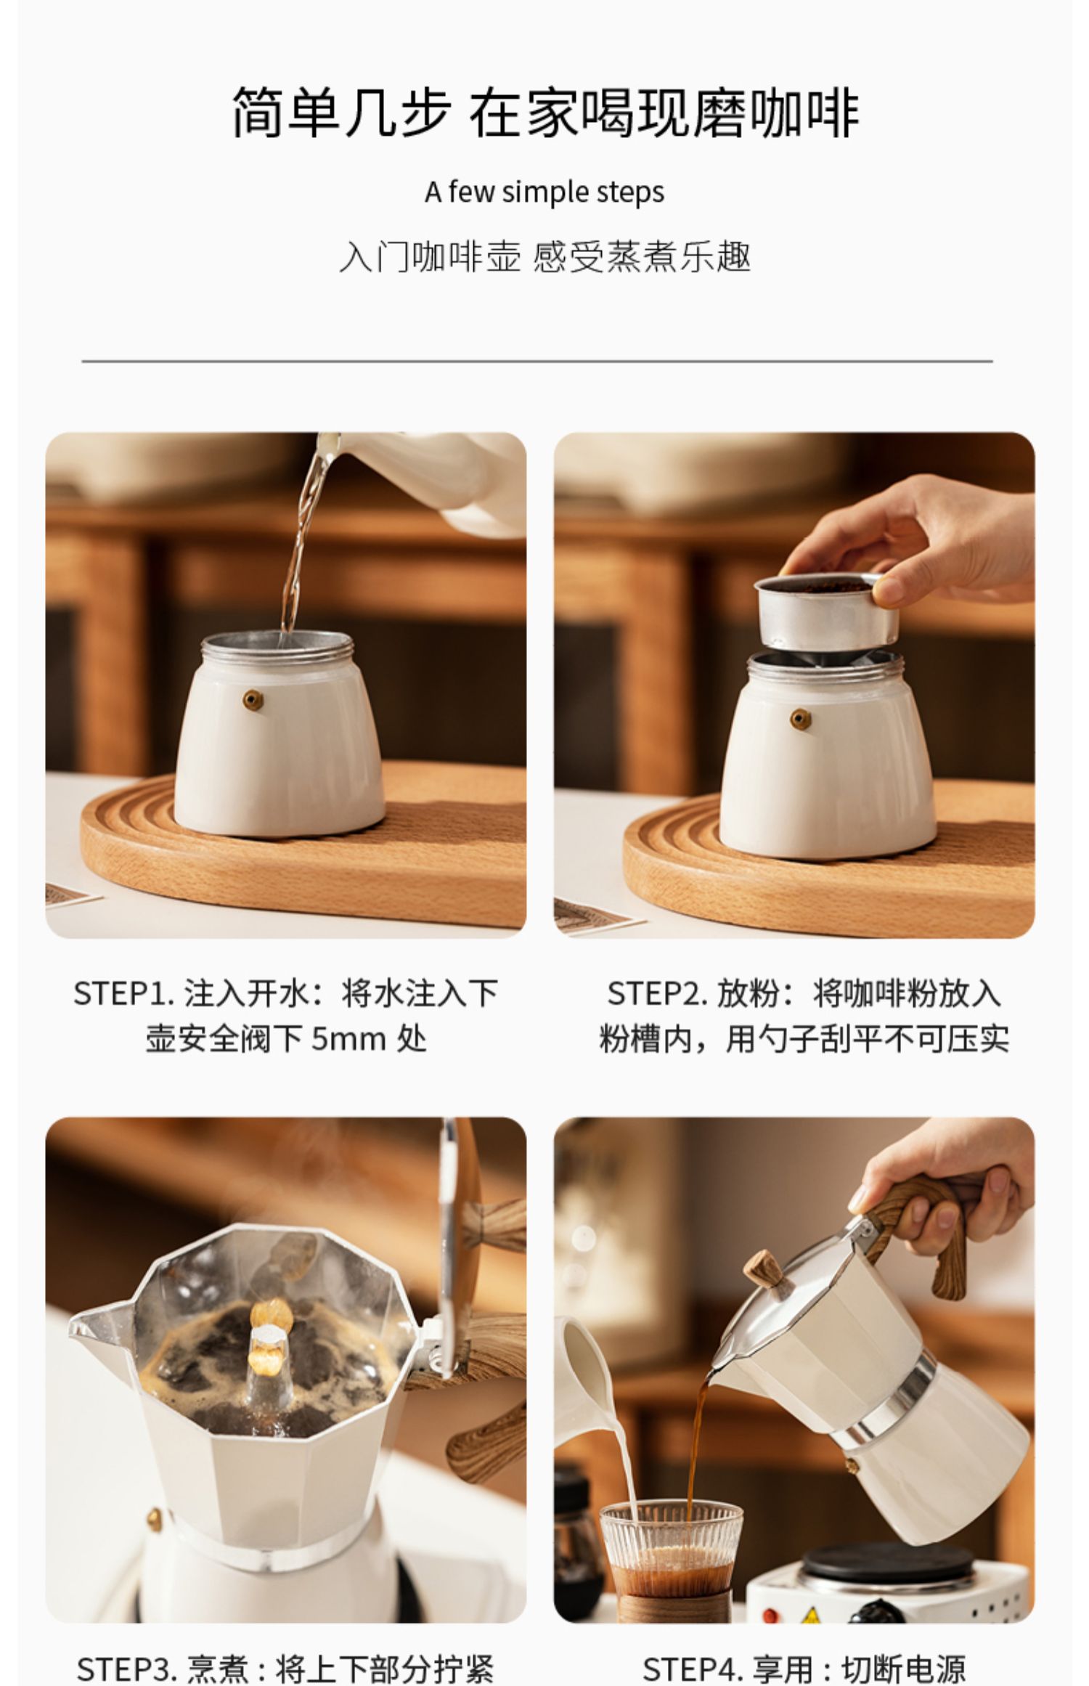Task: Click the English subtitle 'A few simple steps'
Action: click(544, 192)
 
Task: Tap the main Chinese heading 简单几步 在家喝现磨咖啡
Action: click(545, 113)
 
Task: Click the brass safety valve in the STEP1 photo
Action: click(253, 700)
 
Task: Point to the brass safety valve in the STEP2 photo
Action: click(801, 719)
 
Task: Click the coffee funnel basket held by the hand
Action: click(826, 610)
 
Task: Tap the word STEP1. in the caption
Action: click(123, 993)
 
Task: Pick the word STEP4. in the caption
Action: click(693, 1669)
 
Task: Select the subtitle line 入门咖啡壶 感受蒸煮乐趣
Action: click(544, 257)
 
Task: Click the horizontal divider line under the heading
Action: click(537, 361)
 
